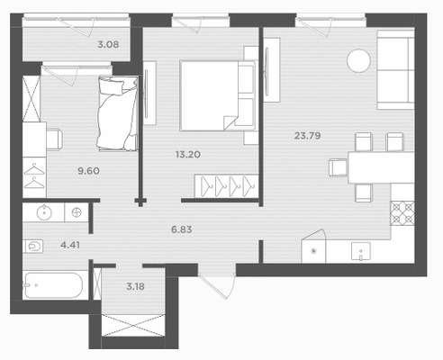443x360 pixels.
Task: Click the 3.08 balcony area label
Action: [108, 45]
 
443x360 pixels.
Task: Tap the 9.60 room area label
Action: [88, 171]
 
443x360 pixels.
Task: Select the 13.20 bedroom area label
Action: [188, 155]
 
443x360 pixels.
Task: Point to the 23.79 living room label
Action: [307, 136]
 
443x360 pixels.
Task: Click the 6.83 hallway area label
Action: [181, 229]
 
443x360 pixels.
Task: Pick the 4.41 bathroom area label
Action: [70, 245]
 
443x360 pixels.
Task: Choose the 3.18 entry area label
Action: [135, 286]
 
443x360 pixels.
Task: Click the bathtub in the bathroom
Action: [53, 285]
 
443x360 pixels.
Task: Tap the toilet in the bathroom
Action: [33, 247]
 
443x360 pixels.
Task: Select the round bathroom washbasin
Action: [44, 212]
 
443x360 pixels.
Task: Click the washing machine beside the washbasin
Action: [77, 212]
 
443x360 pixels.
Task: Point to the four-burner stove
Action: [402, 212]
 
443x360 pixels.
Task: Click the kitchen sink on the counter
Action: [361, 251]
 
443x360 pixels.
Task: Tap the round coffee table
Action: [358, 60]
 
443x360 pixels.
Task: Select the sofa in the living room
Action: [395, 69]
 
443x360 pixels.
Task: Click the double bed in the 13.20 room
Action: [217, 95]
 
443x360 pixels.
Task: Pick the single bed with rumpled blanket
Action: [118, 112]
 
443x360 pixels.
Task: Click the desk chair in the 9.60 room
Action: [55, 139]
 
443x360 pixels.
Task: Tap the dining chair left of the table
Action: [339, 167]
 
